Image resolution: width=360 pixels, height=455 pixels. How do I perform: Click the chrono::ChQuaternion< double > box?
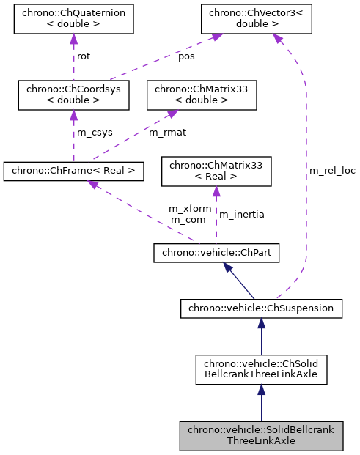point(73,20)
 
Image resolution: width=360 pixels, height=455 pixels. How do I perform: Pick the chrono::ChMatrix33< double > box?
point(202,95)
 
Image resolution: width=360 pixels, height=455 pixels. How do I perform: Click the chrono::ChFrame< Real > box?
point(73,171)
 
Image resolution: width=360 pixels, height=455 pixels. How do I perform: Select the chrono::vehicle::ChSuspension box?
point(261,308)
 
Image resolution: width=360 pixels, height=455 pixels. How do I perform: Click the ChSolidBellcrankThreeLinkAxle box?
point(261,370)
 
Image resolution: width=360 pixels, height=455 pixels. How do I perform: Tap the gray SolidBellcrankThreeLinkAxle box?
point(261,435)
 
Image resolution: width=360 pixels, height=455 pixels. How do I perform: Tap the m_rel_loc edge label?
point(331,170)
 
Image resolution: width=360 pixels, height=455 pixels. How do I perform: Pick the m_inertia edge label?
point(241,214)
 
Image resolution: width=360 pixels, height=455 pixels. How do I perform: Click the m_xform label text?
point(189,208)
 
